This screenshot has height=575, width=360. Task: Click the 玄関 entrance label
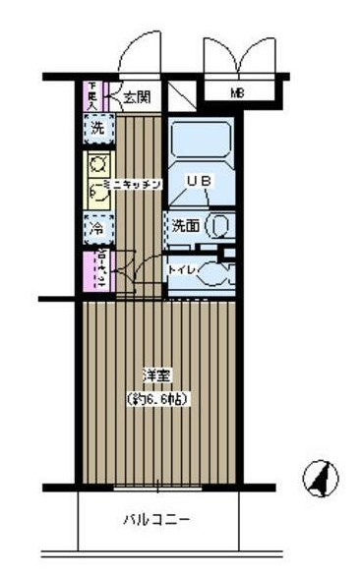[137, 97]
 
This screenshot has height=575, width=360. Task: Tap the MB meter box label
[237, 94]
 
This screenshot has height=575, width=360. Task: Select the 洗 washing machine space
[97, 127]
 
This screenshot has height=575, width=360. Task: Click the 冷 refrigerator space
[97, 226]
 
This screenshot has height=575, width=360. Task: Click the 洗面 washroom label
[186, 226]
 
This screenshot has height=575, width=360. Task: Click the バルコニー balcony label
[156, 520]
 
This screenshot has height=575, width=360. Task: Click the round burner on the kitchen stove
[98, 164]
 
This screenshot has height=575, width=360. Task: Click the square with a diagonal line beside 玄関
[181, 96]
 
